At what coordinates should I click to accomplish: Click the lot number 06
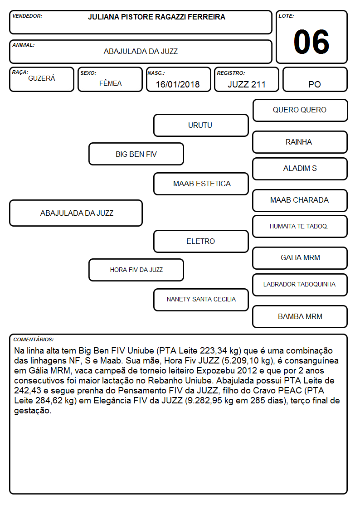pyautogui.click(x=311, y=42)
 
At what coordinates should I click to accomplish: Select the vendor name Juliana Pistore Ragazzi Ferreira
pyautogui.click(x=156, y=17)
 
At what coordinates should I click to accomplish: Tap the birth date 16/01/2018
pyautogui.click(x=178, y=84)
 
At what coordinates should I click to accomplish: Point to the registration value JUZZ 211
pyautogui.click(x=246, y=84)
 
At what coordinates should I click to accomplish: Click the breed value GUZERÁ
pyautogui.click(x=42, y=78)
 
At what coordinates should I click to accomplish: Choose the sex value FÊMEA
pyautogui.click(x=110, y=83)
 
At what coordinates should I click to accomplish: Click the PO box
pyautogui.click(x=315, y=79)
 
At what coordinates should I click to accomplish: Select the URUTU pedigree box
pyautogui.click(x=201, y=125)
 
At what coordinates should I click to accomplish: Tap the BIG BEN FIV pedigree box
pyautogui.click(x=136, y=154)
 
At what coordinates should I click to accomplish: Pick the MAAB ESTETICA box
pyautogui.click(x=201, y=184)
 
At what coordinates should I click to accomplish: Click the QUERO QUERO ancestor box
pyautogui.click(x=300, y=111)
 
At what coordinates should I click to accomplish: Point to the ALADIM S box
pyautogui.click(x=300, y=169)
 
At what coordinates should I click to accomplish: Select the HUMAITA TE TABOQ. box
pyautogui.click(x=300, y=226)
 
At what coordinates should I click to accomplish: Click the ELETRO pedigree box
pyautogui.click(x=201, y=241)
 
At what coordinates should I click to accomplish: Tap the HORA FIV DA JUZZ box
pyautogui.click(x=136, y=270)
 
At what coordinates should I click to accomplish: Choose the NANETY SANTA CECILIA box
pyautogui.click(x=201, y=300)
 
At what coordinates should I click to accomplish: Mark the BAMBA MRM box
pyautogui.click(x=300, y=316)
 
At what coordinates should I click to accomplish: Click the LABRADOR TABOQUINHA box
pyautogui.click(x=300, y=285)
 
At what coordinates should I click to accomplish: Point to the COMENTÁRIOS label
pyautogui.click(x=34, y=339)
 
